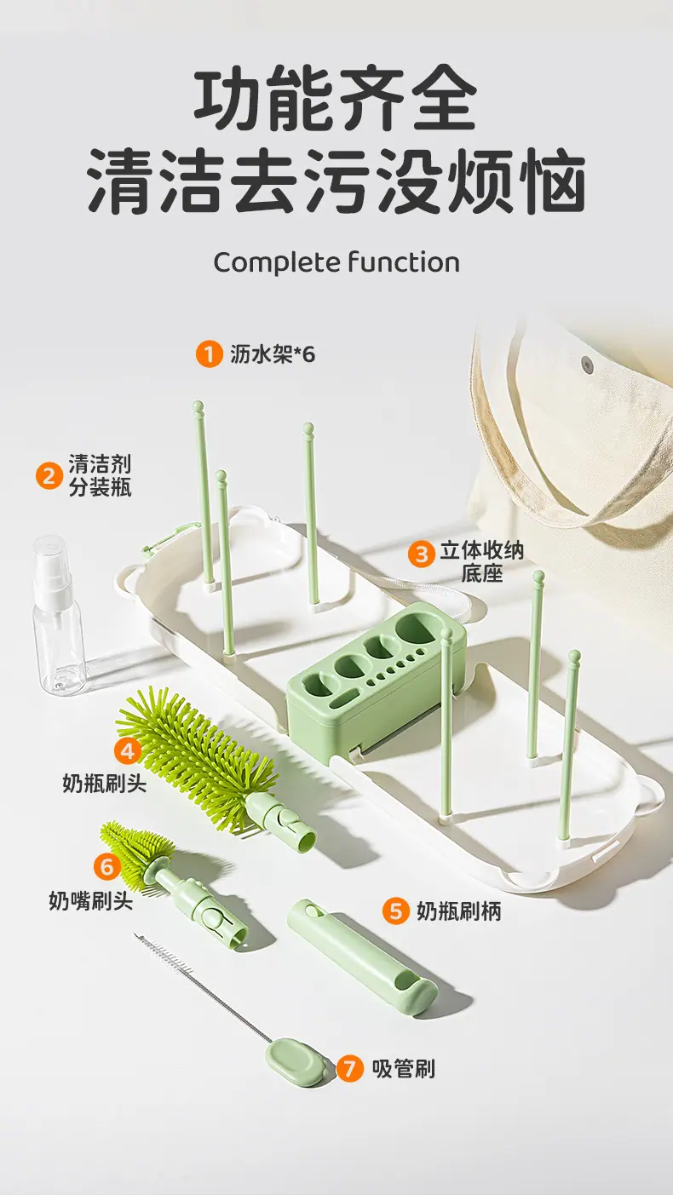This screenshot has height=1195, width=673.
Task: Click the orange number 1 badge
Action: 209,353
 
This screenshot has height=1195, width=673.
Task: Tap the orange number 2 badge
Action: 49,475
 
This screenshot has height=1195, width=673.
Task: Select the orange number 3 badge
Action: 421,554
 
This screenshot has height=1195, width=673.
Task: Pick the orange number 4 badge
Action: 128,750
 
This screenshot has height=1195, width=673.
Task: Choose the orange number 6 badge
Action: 107,866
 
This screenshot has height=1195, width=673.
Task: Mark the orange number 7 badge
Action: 349,1068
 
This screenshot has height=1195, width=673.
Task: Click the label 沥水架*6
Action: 272,353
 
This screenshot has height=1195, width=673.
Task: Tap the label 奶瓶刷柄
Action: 458,911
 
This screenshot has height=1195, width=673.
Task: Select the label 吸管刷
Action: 403,1068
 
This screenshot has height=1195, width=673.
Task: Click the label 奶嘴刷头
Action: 90,900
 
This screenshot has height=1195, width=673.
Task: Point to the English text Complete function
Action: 336,262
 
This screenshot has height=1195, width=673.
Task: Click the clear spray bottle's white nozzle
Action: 52,562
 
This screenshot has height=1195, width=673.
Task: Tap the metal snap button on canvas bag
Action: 587,364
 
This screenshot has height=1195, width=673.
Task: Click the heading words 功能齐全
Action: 335,101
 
